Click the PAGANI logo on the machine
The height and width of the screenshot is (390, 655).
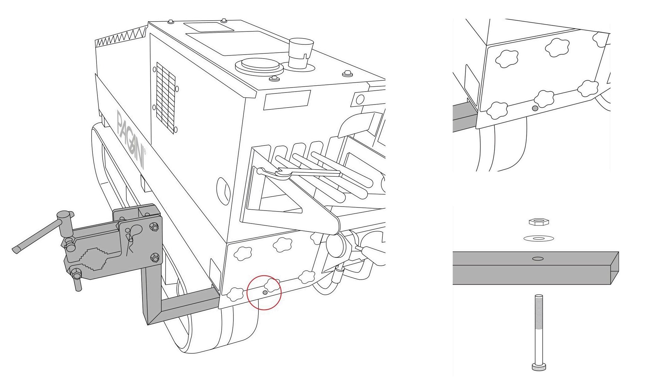click(131, 140)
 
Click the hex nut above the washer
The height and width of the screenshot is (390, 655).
click(538, 222)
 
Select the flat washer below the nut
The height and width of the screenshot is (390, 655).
click(538, 238)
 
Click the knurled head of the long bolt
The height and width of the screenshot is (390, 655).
click(539, 367)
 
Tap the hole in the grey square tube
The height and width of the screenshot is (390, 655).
click(538, 258)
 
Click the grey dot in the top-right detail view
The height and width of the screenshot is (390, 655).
click(535, 108)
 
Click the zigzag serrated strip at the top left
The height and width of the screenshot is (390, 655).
click(121, 38)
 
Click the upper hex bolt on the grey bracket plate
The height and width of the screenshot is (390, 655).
click(153, 227)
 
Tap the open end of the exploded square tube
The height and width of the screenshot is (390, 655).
click(615, 268)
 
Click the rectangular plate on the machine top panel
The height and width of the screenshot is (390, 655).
click(208, 27)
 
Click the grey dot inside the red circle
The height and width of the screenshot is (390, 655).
click(265, 292)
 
